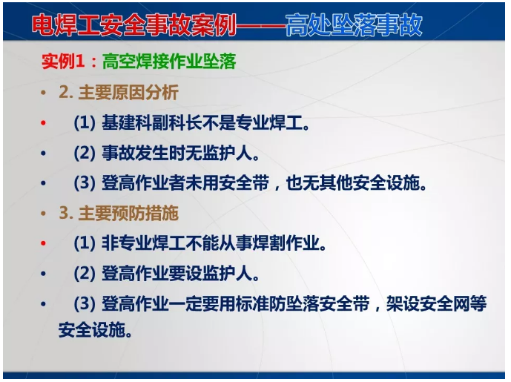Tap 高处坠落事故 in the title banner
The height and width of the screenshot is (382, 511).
tap(355, 24)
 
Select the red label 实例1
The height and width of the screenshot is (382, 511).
tap(61, 62)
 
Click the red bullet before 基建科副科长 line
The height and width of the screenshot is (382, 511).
tap(44, 123)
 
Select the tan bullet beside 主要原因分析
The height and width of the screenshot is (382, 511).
tap(44, 93)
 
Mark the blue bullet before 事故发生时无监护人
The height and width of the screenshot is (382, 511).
tap(44, 154)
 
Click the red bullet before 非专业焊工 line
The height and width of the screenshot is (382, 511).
tap(44, 243)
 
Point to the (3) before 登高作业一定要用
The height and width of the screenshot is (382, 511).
tap(85, 304)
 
